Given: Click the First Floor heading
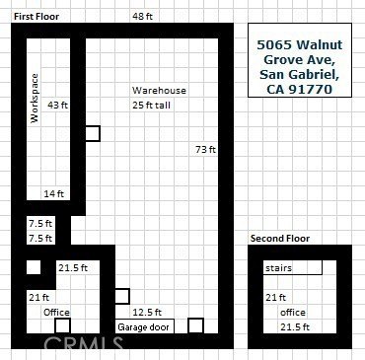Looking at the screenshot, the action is point(36,17).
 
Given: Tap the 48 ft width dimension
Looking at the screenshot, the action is point(142,16).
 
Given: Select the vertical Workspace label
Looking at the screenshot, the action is point(35,99).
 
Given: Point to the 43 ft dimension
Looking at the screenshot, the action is point(57,106).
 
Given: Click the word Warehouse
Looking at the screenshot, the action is point(159,91).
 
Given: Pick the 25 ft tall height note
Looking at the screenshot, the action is point(151,106).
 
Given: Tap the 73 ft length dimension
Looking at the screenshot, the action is point(205,150).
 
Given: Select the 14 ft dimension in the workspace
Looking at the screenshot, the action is point(54,194).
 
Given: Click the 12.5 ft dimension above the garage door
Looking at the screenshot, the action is point(147,312).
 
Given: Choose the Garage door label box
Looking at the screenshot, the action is point(144,326).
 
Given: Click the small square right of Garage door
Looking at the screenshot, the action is point(195,325).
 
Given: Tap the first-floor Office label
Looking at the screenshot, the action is point(56,312).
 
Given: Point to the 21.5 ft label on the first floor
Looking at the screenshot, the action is point(73,268).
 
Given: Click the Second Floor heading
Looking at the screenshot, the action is point(280,239).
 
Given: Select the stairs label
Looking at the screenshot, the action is point(278,268).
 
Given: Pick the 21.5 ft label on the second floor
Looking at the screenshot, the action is point(295,327).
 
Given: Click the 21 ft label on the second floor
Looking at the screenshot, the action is point(275,298).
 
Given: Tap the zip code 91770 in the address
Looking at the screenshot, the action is point(310,90).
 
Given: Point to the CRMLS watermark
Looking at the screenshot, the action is point(84,343).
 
